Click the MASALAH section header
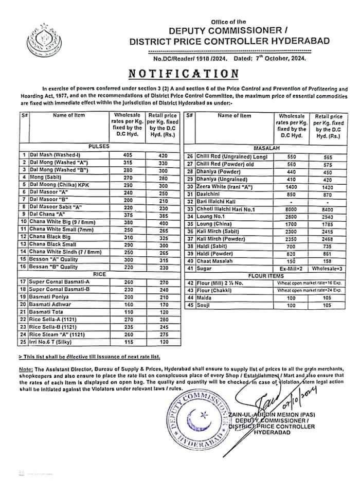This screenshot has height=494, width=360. (x=263, y=147)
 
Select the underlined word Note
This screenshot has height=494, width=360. (x=25, y=369)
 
